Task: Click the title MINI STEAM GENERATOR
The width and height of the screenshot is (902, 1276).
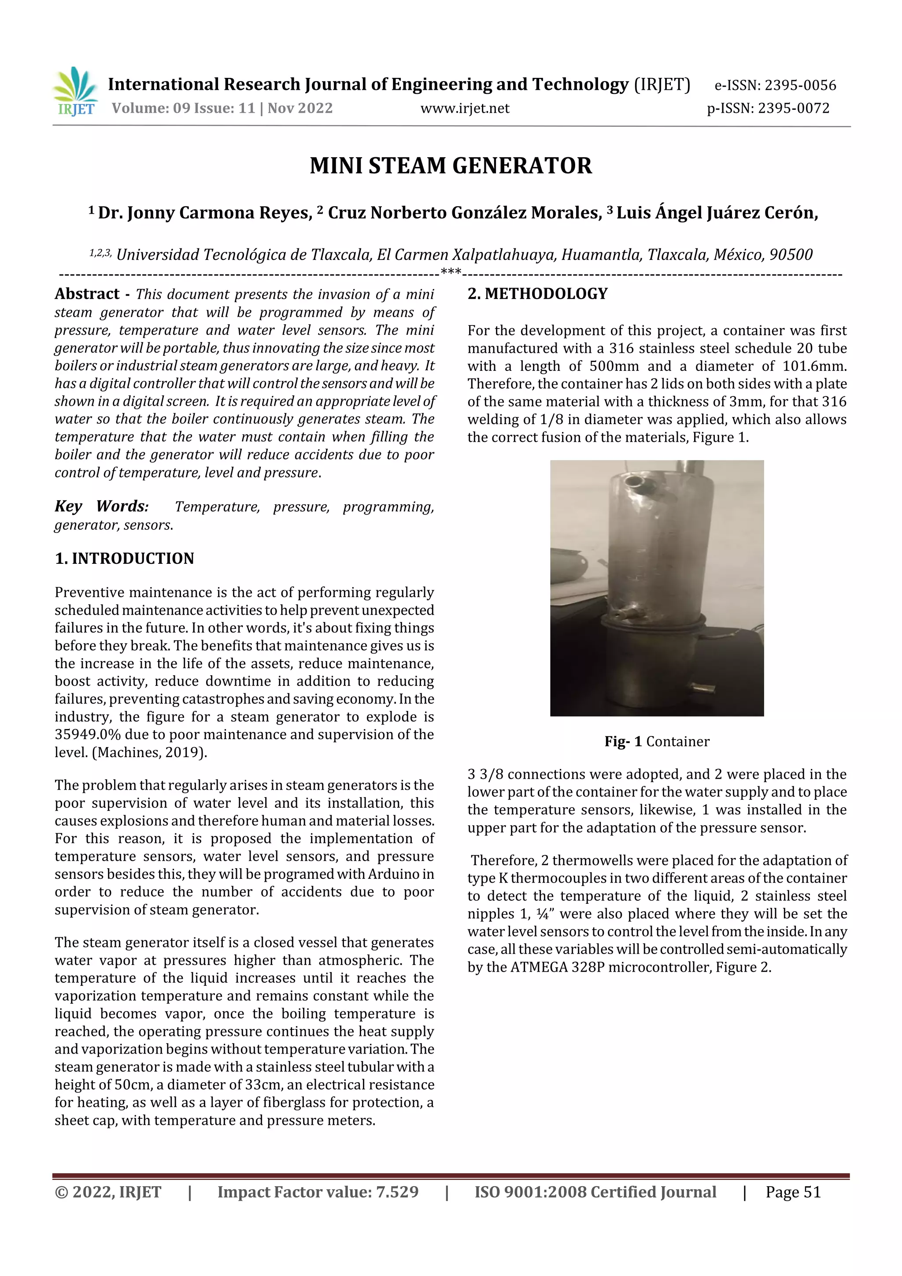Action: point(451,166)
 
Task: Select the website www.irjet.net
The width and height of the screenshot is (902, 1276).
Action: point(465,108)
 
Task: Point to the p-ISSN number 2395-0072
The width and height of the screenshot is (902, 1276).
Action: point(794,108)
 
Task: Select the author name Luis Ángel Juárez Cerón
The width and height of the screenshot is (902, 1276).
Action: point(717,213)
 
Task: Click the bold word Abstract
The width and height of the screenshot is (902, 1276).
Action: point(87,294)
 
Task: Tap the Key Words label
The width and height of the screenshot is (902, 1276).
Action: point(102,506)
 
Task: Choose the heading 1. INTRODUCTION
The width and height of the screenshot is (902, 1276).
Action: point(125,558)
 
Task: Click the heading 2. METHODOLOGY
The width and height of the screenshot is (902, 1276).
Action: point(537,294)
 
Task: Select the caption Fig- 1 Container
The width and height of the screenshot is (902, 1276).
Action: point(657,741)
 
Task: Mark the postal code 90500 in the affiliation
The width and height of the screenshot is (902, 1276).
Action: point(791,255)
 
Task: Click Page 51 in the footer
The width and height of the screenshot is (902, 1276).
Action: point(793,1192)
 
